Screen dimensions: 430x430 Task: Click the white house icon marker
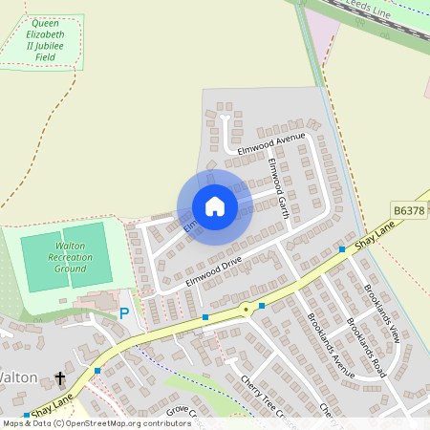click(x=215, y=206)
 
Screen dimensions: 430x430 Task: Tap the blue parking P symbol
click(x=124, y=313)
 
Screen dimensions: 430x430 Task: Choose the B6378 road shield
click(x=408, y=210)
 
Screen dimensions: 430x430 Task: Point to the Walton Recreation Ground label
click(x=70, y=258)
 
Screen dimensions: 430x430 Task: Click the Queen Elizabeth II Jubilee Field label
click(x=45, y=40)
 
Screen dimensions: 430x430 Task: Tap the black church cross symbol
click(x=60, y=378)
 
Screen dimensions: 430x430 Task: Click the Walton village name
click(x=18, y=377)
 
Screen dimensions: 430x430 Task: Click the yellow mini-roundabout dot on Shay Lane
click(x=246, y=308)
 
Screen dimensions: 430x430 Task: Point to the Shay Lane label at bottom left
click(x=52, y=409)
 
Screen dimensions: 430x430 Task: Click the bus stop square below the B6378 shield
click(x=342, y=249)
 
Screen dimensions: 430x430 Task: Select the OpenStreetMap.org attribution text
click(x=125, y=423)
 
